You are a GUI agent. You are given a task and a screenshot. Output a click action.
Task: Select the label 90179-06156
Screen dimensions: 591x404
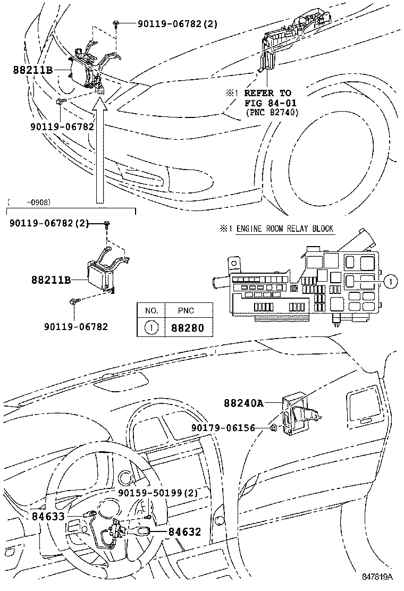click(231, 428)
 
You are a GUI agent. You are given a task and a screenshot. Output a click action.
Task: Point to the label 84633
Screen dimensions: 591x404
click(47, 516)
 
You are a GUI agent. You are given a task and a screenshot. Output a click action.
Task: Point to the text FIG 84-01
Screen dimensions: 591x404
click(270, 103)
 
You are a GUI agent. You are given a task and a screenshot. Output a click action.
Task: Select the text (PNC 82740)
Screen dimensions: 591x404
click(272, 113)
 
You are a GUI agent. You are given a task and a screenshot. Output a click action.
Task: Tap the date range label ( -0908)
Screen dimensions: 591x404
click(30, 202)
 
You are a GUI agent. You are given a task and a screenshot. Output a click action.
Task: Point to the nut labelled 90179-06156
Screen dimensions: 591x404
click(273, 428)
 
